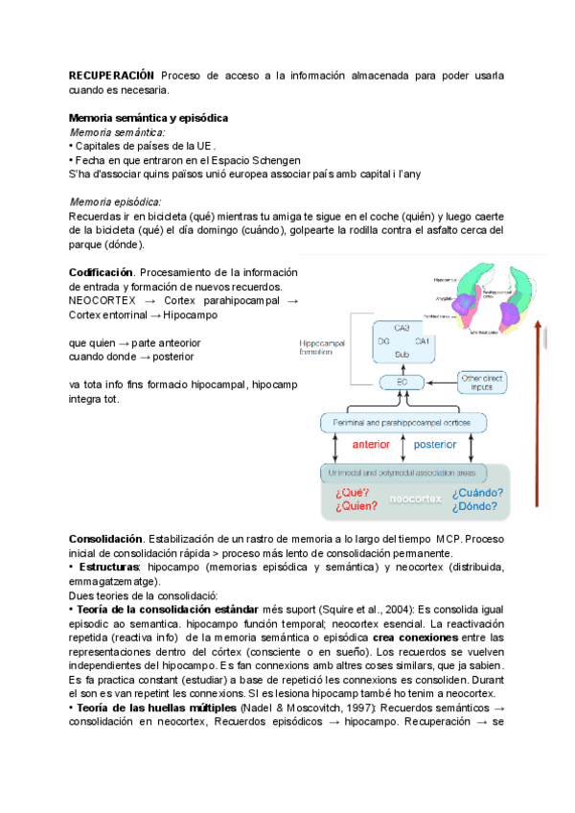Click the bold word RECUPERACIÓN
coord(111,75)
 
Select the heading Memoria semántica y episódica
coord(149,118)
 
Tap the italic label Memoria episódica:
coord(116,201)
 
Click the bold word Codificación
coord(102,271)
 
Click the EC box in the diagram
coord(402,383)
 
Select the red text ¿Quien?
coord(356,505)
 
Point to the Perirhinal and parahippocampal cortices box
coord(402,422)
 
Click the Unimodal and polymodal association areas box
coord(402,472)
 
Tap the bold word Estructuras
coord(112,568)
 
